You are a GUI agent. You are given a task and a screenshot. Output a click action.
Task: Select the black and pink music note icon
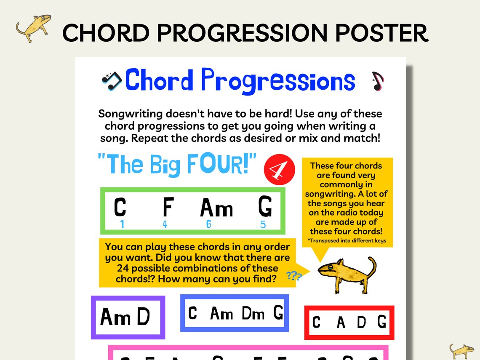click(x=378, y=81)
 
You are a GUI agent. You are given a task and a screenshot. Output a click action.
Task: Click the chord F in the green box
click(x=168, y=207)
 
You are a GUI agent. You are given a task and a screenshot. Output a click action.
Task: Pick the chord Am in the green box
click(x=216, y=208)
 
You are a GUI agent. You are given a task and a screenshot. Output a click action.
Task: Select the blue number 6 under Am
click(x=209, y=224)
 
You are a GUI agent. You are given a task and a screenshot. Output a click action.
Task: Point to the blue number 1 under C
click(x=122, y=224)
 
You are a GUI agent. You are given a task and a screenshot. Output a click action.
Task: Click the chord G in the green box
click(x=265, y=207)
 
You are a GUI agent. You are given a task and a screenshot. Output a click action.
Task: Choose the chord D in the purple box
click(x=143, y=317)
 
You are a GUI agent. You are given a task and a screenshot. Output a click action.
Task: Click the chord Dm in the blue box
click(x=253, y=313)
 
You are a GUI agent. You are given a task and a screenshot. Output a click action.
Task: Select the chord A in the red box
click(x=341, y=323)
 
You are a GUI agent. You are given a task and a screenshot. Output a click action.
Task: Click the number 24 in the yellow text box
click(x=123, y=268)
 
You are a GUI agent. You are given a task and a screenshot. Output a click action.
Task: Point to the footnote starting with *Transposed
click(x=347, y=241)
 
